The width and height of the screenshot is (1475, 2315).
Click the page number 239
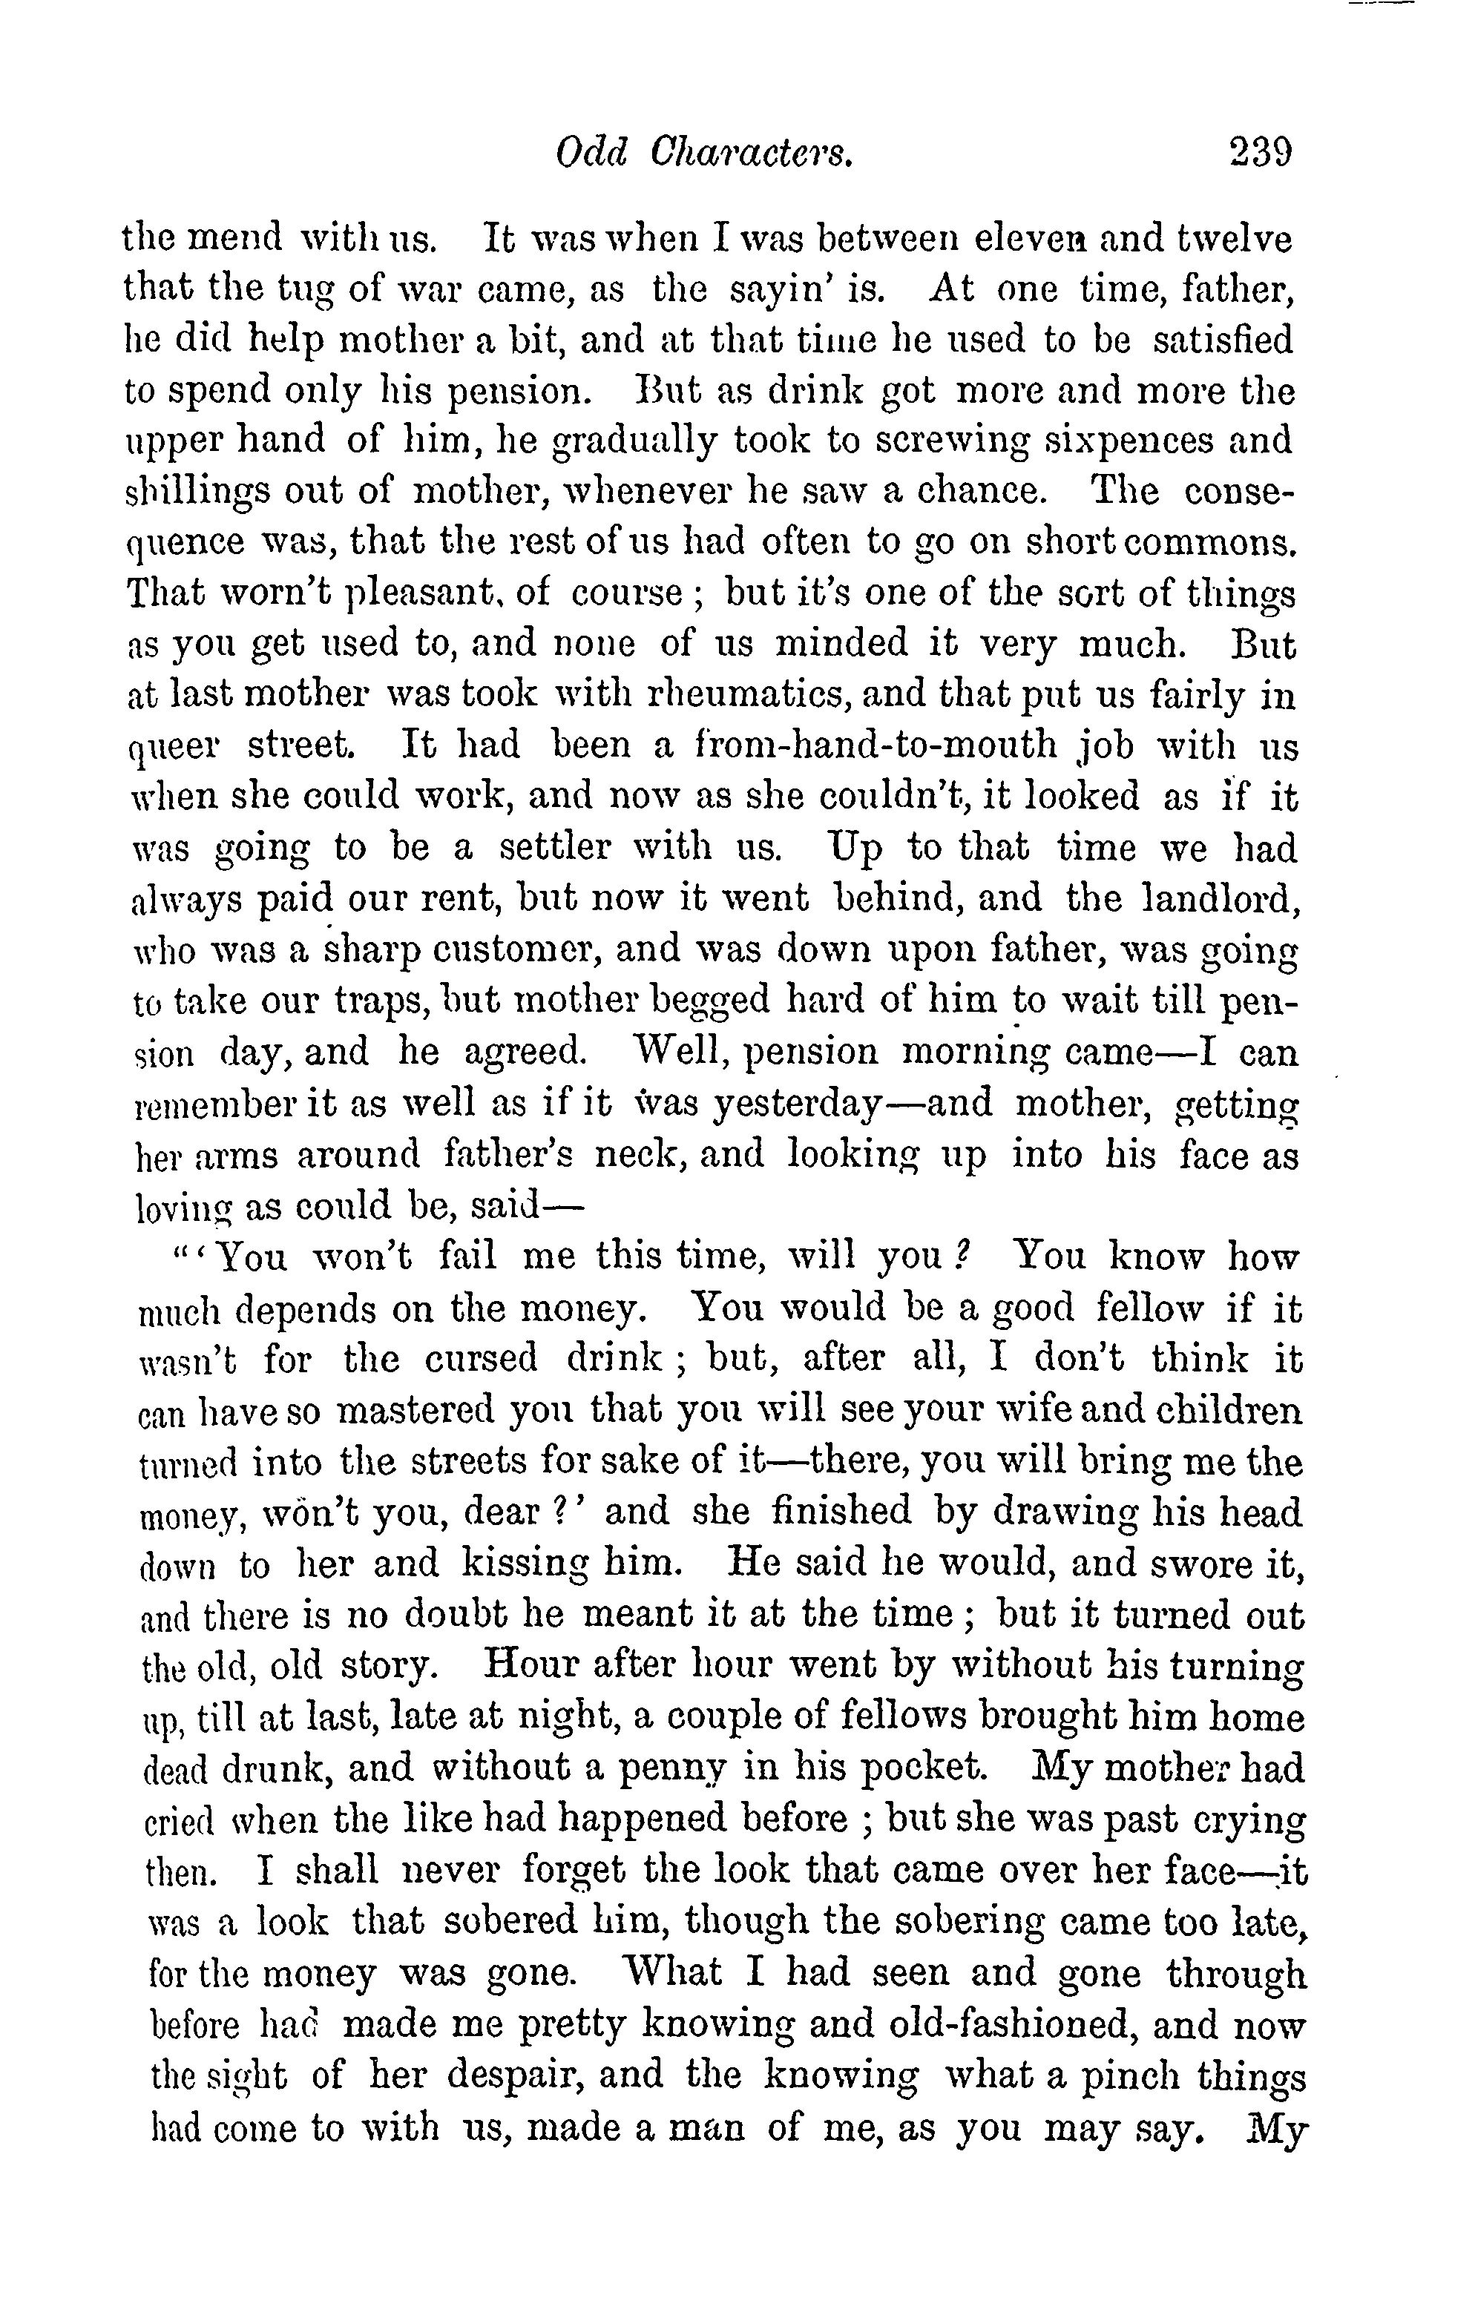pyautogui.click(x=1260, y=153)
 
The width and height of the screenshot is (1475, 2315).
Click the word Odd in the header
pyautogui.click(x=591, y=153)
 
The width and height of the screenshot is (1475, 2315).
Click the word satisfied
pyautogui.click(x=1222, y=340)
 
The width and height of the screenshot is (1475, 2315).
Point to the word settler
pyautogui.click(x=555, y=848)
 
